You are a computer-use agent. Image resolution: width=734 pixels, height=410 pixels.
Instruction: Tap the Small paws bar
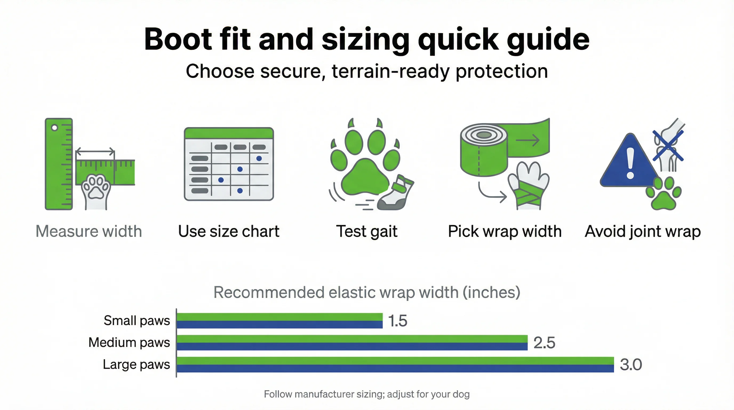pos(279,321)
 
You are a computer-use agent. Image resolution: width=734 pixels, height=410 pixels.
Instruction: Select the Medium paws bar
pos(352,342)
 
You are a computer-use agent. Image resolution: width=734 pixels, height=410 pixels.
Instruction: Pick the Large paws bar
pos(395,364)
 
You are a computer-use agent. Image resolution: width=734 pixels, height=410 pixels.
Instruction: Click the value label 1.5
pos(398,321)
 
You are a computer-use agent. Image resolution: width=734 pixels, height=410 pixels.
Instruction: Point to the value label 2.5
pos(544,343)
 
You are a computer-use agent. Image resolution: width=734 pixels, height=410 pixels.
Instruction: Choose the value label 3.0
pos(631,365)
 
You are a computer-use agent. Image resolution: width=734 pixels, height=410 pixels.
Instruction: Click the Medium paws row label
pos(129,342)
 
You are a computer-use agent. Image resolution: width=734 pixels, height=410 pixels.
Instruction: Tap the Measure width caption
pos(89,231)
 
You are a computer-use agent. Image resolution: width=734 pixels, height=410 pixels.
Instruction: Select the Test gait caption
pos(367,231)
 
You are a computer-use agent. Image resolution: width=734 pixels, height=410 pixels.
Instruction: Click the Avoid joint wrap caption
pos(643,231)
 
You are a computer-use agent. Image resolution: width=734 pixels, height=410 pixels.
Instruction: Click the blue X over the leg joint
pos(668,145)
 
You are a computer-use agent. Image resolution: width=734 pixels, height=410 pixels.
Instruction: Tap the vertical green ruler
pos(59,164)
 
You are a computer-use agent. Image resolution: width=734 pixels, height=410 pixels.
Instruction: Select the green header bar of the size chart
pos(229,133)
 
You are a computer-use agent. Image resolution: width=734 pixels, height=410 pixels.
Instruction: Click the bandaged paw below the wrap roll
pos(529,185)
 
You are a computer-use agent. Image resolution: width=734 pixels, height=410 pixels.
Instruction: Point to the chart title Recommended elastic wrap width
pos(367,293)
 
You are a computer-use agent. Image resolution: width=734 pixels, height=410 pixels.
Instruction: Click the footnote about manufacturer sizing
pos(367,394)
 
